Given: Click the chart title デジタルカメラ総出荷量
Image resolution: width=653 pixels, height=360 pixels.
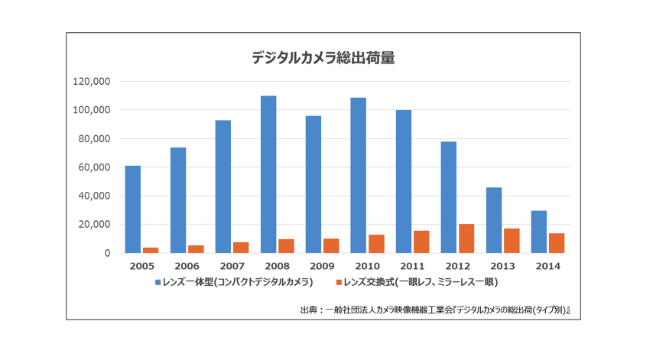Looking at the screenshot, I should pyautogui.click(x=323, y=57).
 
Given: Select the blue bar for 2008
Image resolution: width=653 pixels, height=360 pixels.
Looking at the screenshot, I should pyautogui.click(x=268, y=174).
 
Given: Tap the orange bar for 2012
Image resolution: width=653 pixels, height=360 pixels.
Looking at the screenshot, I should pyautogui.click(x=466, y=238).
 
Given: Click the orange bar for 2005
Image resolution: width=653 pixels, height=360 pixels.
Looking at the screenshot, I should pyautogui.click(x=151, y=250).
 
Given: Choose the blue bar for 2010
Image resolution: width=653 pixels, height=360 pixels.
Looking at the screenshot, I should pyautogui.click(x=358, y=175).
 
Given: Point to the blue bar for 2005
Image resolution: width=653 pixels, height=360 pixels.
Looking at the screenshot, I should pyautogui.click(x=133, y=209).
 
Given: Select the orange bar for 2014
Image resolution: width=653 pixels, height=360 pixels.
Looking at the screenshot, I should pyautogui.click(x=557, y=243).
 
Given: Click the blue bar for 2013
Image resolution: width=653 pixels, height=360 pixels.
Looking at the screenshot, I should pyautogui.click(x=494, y=220).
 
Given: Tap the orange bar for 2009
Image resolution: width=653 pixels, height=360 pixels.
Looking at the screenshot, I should pyautogui.click(x=331, y=245).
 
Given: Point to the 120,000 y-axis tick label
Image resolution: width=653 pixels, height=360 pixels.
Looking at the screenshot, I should pyautogui.click(x=93, y=82).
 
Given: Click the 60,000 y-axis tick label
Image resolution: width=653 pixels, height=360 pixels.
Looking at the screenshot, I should pyautogui.click(x=96, y=167).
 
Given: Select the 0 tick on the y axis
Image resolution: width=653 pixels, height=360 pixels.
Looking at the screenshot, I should pyautogui.click(x=108, y=253).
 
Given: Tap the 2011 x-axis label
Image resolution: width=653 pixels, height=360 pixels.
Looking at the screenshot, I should pyautogui.click(x=413, y=266).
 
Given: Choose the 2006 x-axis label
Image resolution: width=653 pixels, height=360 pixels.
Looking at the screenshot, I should pyautogui.click(x=187, y=266).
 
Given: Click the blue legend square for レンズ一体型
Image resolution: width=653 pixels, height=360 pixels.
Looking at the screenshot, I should pyautogui.click(x=158, y=282).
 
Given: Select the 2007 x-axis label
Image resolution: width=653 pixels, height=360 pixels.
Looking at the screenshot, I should pyautogui.click(x=232, y=266).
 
